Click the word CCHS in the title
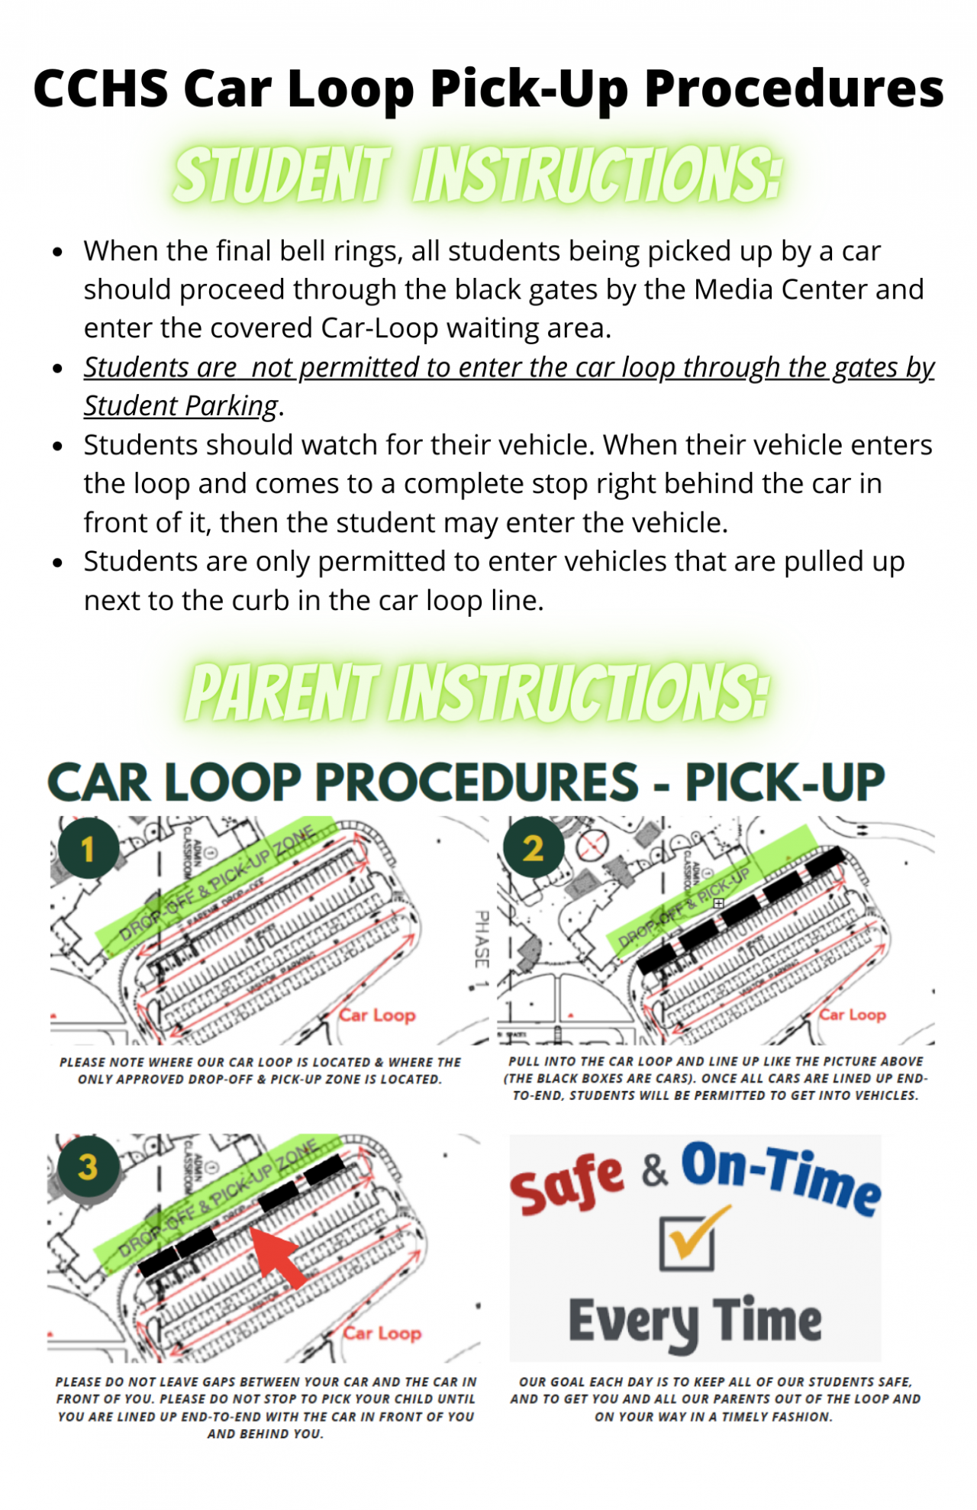tap(101, 89)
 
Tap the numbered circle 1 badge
tap(88, 848)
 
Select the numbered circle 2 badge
tap(534, 847)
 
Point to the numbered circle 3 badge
tap(88, 1166)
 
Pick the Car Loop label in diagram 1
tap(378, 1015)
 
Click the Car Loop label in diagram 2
tap(853, 1015)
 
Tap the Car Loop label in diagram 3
tap(382, 1333)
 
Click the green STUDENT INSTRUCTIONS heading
tap(478, 176)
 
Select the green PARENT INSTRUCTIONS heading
tap(478, 692)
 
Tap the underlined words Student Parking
tap(181, 406)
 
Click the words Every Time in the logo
tap(695, 1321)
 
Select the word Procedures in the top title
tap(794, 89)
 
